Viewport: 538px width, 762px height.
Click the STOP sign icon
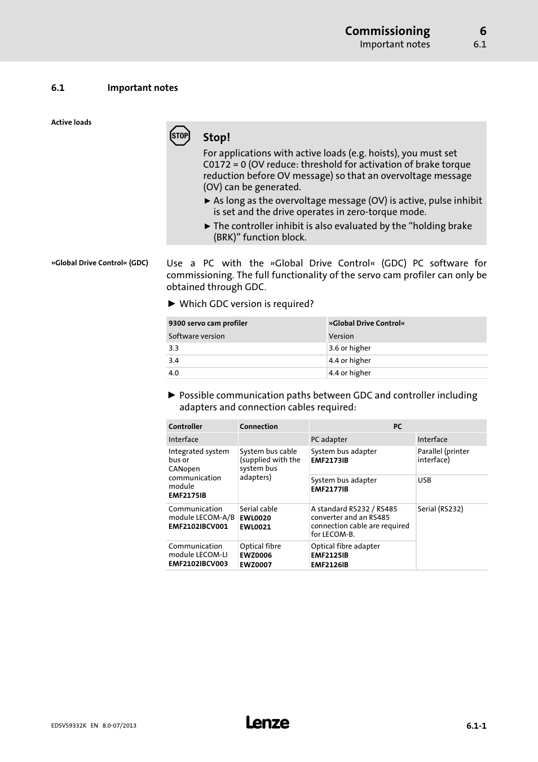point(180,135)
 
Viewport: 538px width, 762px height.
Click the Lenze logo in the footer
point(267,722)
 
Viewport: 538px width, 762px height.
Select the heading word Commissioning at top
point(387,31)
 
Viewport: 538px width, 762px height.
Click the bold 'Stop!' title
point(217,137)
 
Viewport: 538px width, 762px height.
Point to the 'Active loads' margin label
point(71,122)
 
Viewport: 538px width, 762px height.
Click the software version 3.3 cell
point(174,348)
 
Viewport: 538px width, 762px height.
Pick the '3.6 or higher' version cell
point(350,348)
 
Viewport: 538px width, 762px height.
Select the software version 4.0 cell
point(174,373)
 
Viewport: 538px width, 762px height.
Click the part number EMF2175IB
point(187,496)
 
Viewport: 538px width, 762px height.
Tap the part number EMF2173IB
point(329,461)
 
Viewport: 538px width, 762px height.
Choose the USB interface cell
point(424,480)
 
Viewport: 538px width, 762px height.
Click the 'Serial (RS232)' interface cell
point(440,509)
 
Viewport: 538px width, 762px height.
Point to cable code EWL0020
point(255,518)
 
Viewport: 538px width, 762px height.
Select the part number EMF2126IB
point(329,565)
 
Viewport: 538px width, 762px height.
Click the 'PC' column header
point(398,427)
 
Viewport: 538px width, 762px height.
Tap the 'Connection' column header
point(258,427)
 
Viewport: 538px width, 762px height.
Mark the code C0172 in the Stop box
point(217,165)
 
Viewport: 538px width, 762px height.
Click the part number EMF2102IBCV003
point(198,564)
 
